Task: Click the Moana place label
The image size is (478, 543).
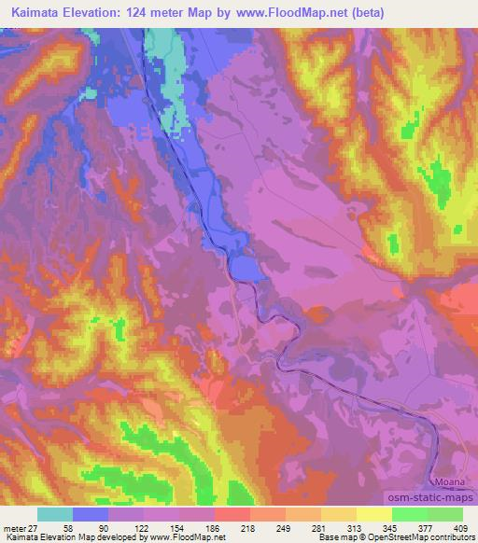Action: [449, 481]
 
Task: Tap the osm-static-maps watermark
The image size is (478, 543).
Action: [434, 496]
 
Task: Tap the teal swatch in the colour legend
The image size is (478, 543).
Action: [54, 513]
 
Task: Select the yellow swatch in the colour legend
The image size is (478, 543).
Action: [373, 513]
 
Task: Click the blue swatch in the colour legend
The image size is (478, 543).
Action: [90, 513]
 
